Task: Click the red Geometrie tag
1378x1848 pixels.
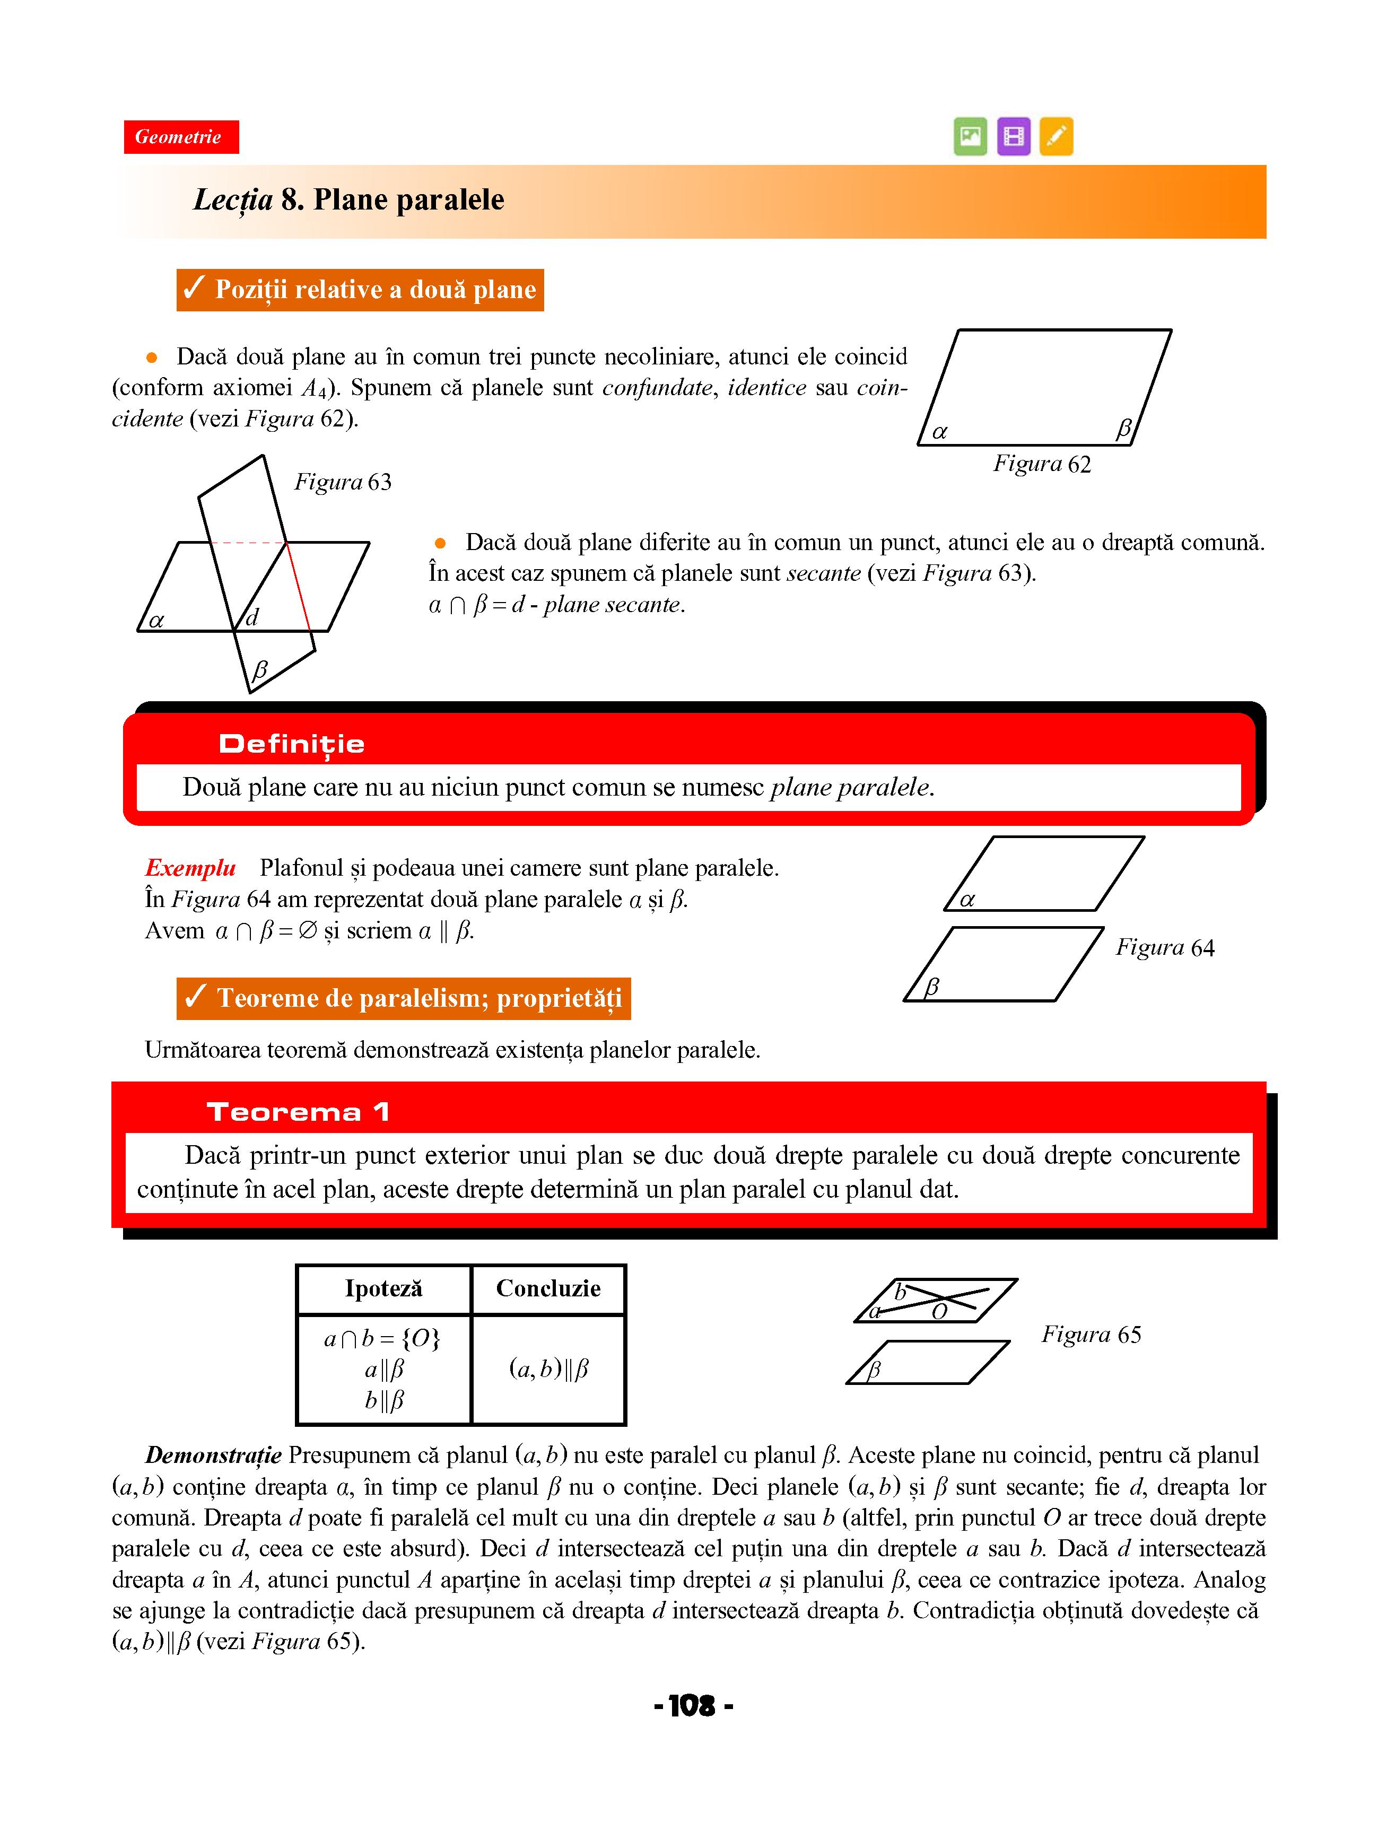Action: point(181,137)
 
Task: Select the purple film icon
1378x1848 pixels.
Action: point(1014,136)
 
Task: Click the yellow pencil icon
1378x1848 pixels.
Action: point(1056,136)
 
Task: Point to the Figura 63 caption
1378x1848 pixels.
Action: point(343,482)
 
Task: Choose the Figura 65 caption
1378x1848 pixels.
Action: point(1091,1335)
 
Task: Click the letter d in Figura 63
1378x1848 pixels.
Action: point(252,617)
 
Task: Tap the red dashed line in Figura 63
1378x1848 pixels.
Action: point(248,543)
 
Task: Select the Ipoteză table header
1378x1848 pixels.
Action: point(383,1288)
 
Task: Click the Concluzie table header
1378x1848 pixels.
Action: point(548,1288)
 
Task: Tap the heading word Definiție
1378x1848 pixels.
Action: point(291,744)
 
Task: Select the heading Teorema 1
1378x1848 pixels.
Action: point(298,1112)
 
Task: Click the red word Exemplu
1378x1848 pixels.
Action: point(191,868)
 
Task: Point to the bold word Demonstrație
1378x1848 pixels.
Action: point(214,1455)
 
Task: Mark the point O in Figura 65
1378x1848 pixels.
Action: point(939,1312)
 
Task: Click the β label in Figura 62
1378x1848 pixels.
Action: point(1123,430)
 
